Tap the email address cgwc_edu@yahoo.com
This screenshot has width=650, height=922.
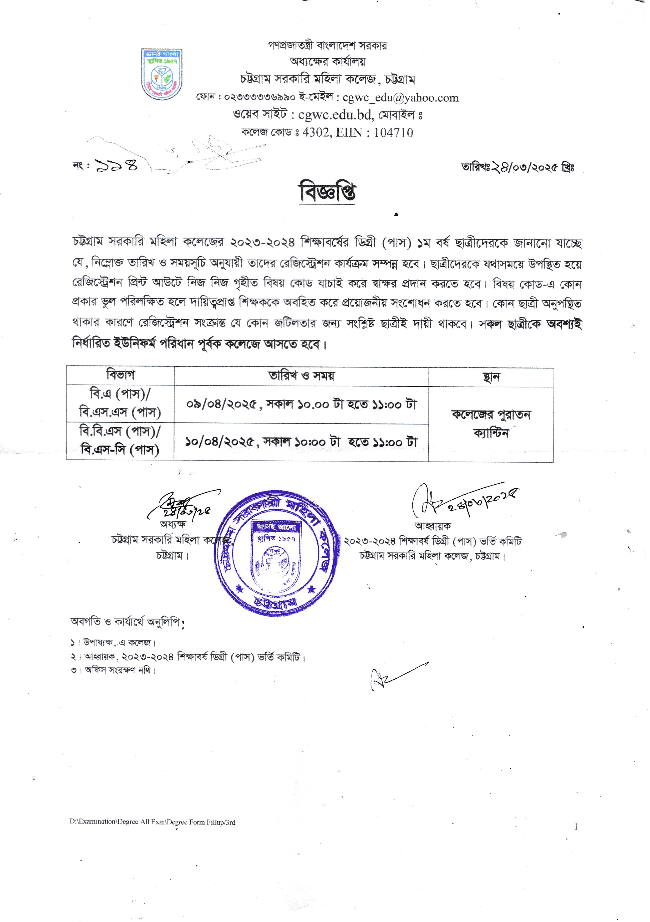click(400, 98)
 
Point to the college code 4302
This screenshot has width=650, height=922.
click(315, 132)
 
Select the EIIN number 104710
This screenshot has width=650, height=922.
click(393, 132)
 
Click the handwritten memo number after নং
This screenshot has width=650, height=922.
click(116, 165)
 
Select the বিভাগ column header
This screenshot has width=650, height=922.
click(120, 375)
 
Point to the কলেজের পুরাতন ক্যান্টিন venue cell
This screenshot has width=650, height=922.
click(491, 424)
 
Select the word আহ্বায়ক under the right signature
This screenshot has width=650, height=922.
click(432, 526)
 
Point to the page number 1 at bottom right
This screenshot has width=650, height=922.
click(576, 826)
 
